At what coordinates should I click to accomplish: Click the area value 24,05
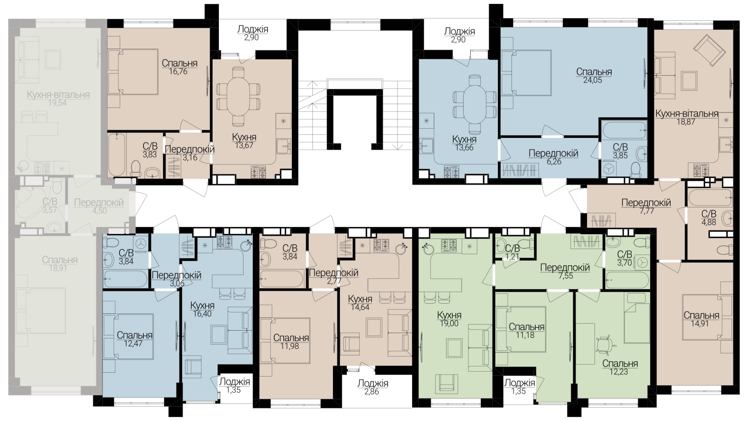click(594, 80)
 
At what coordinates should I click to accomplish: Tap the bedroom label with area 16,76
click(179, 63)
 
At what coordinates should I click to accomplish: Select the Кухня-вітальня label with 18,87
click(686, 113)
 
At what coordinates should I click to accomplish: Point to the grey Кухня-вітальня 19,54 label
click(58, 95)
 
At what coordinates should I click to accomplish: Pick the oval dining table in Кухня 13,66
click(475, 104)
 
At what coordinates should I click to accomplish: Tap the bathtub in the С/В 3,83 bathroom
click(117, 155)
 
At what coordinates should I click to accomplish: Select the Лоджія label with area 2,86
click(373, 383)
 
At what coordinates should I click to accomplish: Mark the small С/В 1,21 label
click(512, 248)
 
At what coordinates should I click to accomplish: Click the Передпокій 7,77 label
click(646, 203)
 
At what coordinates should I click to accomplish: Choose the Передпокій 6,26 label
click(553, 153)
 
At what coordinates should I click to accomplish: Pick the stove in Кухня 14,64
click(381, 245)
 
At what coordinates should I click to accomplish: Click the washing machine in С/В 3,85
click(609, 168)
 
